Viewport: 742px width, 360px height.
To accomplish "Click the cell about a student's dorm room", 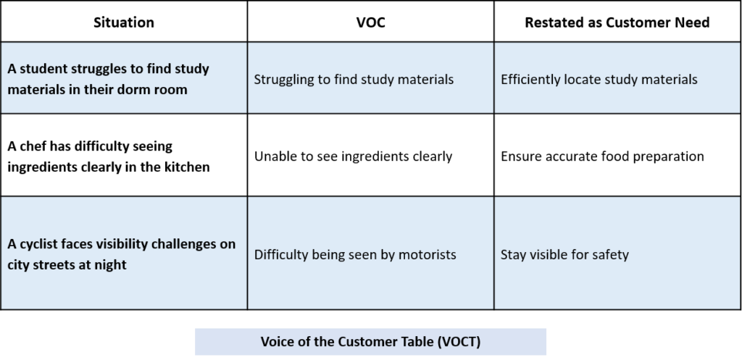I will coord(123,78).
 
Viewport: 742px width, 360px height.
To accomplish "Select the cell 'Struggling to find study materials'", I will coord(370,78).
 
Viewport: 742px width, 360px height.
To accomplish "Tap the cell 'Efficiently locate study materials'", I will coord(617,78).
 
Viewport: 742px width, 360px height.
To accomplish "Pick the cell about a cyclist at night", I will coord(123,254).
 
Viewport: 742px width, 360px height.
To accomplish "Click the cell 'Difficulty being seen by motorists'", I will coord(370,254).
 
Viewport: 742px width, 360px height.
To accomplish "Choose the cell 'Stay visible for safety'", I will coord(617,254).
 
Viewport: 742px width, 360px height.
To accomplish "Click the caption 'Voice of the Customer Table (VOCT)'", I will coord(370,342).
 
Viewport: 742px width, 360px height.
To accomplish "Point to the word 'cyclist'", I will coord(41,245).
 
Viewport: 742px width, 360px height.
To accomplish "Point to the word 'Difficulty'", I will coord(281,255).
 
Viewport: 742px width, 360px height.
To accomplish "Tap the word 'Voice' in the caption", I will coord(278,342).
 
